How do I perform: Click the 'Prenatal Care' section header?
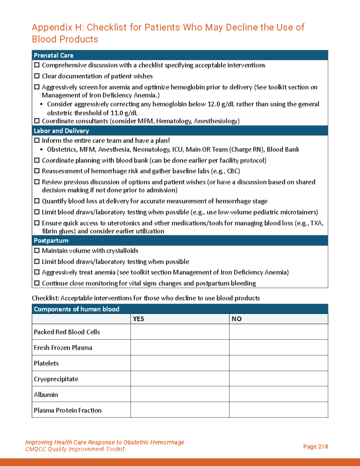coord(53,56)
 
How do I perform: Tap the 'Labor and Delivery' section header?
coord(61,131)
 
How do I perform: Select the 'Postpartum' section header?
coord(51,241)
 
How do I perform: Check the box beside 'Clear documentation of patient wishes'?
coord(37,76)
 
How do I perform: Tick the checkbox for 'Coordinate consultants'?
coord(37,121)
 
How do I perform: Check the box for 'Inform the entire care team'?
coord(37,140)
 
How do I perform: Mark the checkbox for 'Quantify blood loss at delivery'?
coord(37,201)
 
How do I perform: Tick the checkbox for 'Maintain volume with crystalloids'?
coord(37,251)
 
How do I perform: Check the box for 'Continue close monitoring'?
coord(37,283)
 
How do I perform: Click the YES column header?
coord(138,319)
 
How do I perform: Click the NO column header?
coord(236,319)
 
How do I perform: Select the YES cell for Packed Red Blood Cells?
coord(180,332)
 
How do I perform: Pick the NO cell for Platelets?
coord(278,363)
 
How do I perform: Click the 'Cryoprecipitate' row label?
coord(56,379)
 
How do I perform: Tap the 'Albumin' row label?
coord(46,395)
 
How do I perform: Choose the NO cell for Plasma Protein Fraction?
coord(278,410)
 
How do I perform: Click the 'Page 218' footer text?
coord(315,446)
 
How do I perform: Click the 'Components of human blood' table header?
coord(76,309)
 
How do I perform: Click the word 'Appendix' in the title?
coord(52,27)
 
